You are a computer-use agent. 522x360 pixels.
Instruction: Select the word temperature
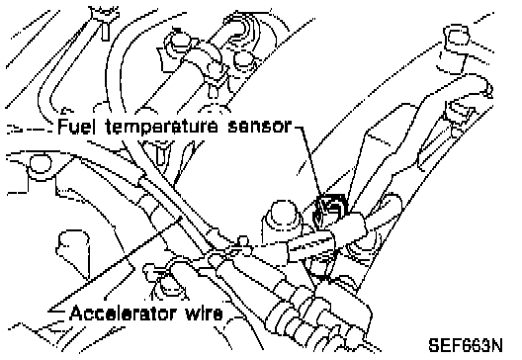tap(162, 128)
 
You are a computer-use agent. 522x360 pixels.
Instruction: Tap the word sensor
tap(260, 127)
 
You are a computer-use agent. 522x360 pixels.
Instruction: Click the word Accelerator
tap(123, 314)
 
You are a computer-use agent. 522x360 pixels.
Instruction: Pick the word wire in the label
tap(204, 314)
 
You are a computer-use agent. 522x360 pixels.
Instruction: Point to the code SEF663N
tap(466, 346)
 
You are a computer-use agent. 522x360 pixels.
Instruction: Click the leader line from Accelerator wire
tap(115, 264)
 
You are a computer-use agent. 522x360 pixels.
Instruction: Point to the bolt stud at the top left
tap(105, 24)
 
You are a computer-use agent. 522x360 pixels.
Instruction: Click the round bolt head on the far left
tap(40, 164)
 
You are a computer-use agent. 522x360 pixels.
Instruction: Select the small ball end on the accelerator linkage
tap(243, 240)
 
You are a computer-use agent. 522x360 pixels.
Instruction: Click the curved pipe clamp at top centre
tap(197, 60)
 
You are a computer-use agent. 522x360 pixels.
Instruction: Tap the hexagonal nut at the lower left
tap(72, 247)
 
